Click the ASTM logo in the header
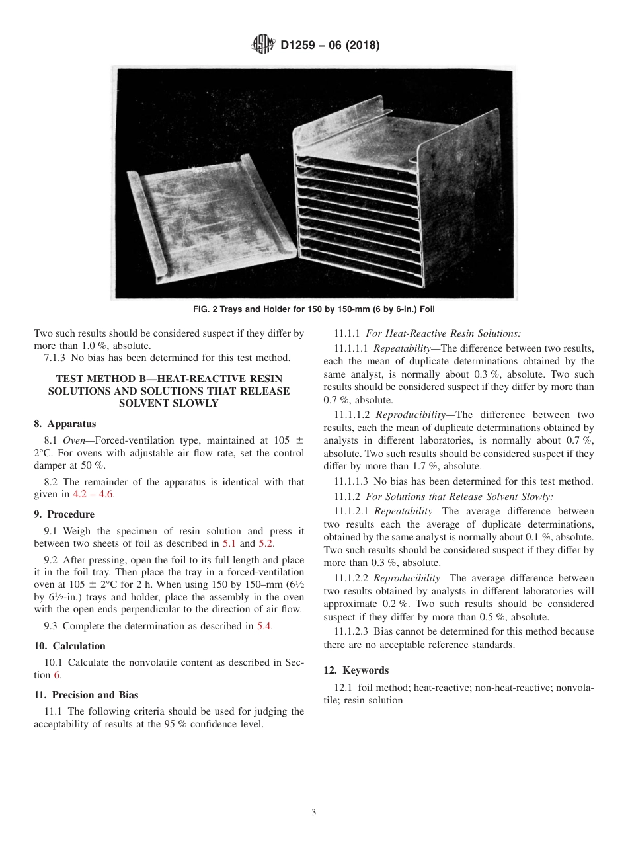coord(264,46)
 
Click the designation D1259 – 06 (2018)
coord(329,46)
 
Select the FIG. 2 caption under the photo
coord(314,309)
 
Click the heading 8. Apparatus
coord(65,424)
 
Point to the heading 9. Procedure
coord(64,514)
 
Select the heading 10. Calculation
coord(69,645)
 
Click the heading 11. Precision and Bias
coord(86,694)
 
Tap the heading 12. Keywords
coord(356,670)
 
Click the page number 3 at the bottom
coord(314,812)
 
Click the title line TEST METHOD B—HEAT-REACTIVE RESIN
coord(169,378)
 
